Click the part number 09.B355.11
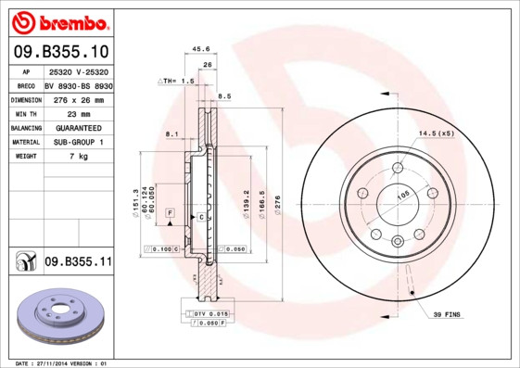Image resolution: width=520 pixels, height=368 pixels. [78, 262]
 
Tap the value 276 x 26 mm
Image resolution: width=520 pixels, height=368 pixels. [78, 99]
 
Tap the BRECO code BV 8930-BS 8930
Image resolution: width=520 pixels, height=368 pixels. [78, 84]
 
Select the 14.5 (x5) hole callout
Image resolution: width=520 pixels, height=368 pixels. [437, 133]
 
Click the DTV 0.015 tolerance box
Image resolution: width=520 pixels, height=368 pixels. [210, 314]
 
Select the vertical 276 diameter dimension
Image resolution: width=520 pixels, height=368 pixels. [277, 201]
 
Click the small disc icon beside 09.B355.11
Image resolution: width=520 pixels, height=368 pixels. [25, 263]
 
